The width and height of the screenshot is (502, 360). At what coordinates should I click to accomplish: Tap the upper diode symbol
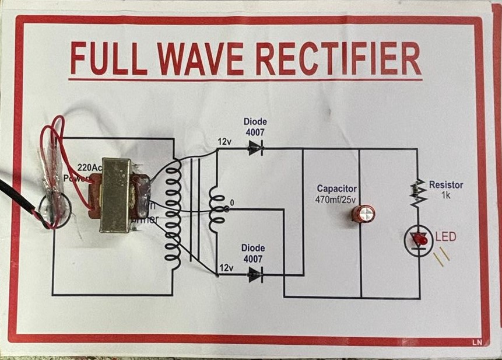(255, 148)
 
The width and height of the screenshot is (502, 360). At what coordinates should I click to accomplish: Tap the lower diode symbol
(255, 274)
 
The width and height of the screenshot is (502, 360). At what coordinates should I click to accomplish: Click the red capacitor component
(363, 213)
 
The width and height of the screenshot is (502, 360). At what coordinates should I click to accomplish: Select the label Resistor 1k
(446, 189)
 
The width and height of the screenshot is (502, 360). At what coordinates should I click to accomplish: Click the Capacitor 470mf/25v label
(336, 193)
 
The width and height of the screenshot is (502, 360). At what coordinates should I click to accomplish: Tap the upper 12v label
(225, 142)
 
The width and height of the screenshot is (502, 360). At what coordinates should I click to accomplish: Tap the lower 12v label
(226, 268)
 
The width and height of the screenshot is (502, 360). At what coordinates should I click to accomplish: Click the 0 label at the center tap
(231, 202)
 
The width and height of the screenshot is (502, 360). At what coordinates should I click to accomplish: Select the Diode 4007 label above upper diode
(255, 126)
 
